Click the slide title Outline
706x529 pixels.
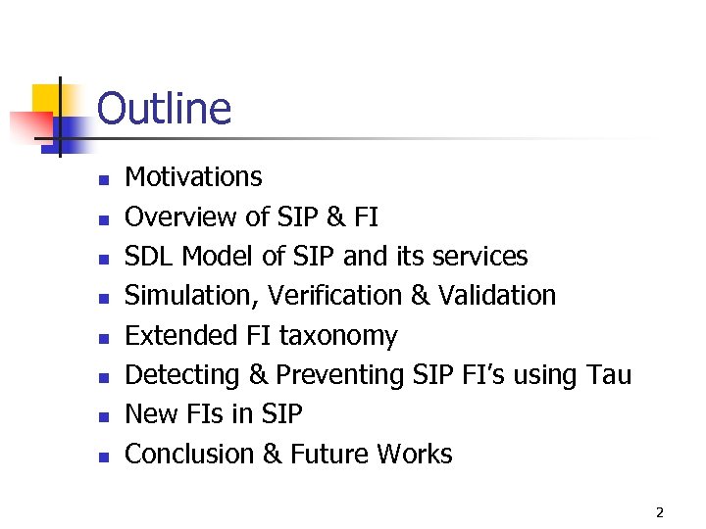coord(165,109)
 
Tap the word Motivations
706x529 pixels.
coord(193,177)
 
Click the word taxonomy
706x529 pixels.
coord(338,337)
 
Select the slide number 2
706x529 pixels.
coord(659,511)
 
